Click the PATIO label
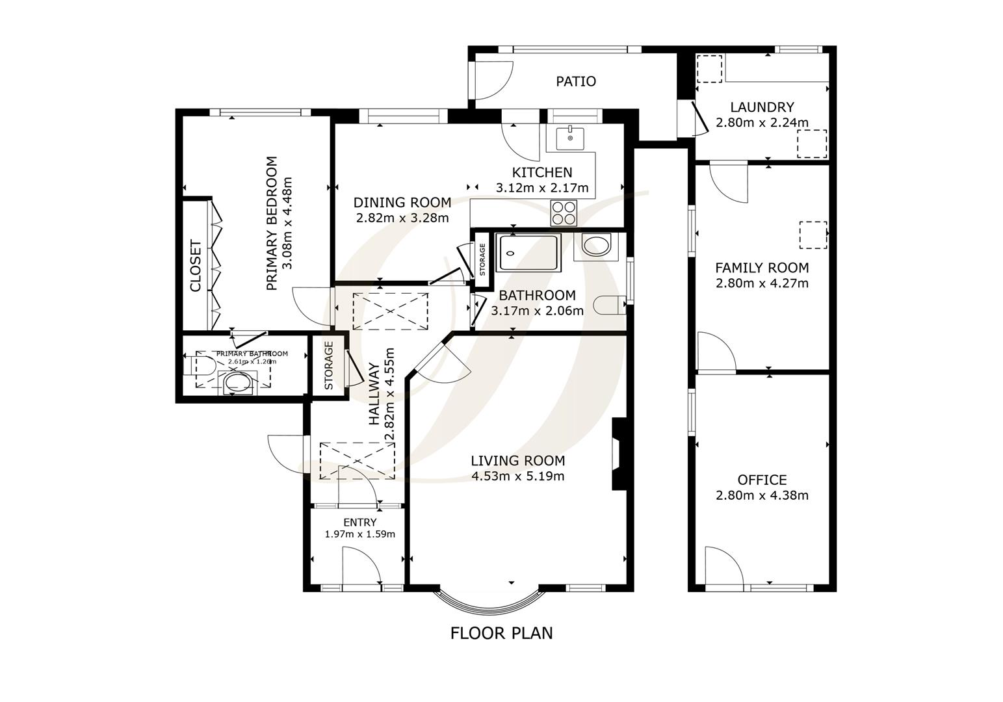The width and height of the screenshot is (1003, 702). tap(575, 81)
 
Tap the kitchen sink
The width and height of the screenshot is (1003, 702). tap(570, 138)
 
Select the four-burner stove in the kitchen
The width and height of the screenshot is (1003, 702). tap(564, 213)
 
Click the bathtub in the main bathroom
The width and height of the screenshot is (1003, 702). tap(528, 253)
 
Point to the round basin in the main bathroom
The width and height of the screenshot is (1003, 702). tap(596, 246)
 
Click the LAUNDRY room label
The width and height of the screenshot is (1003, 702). tap(762, 107)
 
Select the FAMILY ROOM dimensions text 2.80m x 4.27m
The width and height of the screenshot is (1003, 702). tap(762, 283)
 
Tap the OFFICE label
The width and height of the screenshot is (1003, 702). tap(762, 480)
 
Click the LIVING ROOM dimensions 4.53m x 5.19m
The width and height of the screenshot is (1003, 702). tap(517, 476)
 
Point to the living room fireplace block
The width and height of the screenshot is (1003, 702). tap(618, 454)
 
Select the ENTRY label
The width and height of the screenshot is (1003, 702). tap(359, 522)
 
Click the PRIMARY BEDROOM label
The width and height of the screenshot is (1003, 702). tap(271, 223)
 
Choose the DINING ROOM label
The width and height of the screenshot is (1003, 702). tap(402, 202)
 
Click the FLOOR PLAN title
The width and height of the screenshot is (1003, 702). tap(501, 632)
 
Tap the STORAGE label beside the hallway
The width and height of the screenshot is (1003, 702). tap(329, 365)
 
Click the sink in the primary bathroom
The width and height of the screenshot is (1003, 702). tap(237, 383)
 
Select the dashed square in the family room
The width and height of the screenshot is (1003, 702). tap(813, 235)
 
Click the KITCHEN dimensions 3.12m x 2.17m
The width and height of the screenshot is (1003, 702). tap(541, 188)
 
